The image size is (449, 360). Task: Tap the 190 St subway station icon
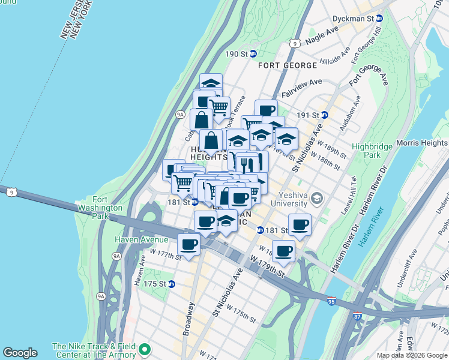[254, 54]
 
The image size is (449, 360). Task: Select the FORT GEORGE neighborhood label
[288, 65]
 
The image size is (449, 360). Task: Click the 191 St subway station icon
[325, 115]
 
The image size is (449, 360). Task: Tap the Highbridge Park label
[366, 150]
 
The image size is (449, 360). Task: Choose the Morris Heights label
[422, 143]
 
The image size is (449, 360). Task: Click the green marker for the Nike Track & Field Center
[144, 349]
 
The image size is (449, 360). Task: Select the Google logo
[20, 353]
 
